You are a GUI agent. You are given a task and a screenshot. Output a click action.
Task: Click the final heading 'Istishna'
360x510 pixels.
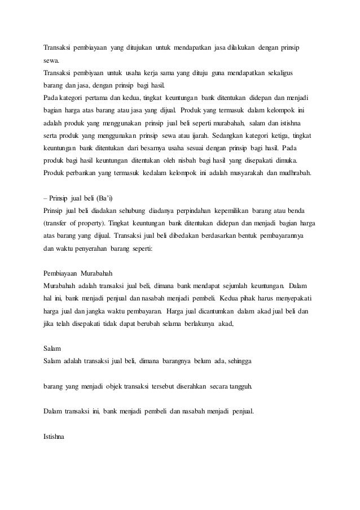[54, 436]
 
